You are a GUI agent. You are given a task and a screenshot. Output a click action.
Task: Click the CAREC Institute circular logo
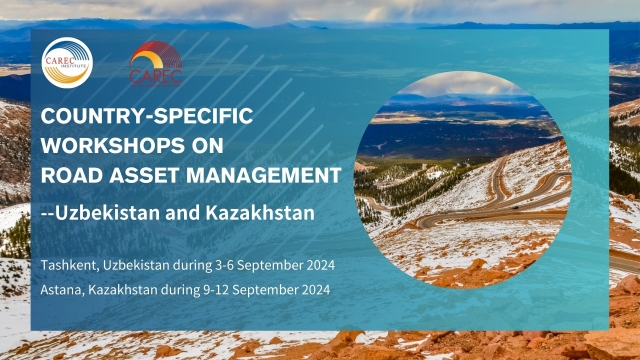(x=67, y=63)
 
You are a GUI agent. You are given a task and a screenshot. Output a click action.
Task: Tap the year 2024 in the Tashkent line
(x=317, y=266)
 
